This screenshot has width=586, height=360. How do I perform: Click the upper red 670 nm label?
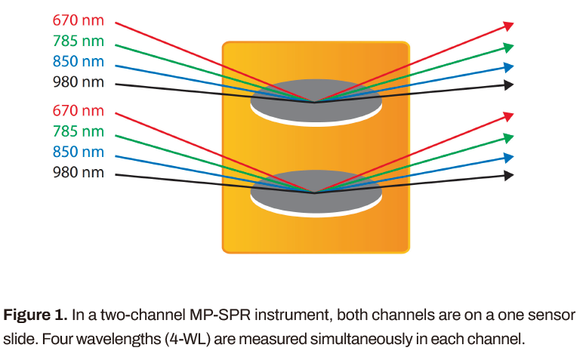[x=78, y=20]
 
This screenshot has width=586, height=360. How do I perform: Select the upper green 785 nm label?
[x=78, y=41]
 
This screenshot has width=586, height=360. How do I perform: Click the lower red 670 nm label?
[x=78, y=110]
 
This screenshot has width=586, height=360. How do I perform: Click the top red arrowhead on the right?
[x=509, y=26]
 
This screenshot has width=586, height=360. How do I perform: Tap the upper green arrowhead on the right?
[x=509, y=47]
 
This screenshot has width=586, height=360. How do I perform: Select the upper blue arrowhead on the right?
[x=509, y=66]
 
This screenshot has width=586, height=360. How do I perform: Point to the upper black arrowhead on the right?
[x=509, y=85]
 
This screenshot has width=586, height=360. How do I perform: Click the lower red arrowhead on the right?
[x=509, y=116]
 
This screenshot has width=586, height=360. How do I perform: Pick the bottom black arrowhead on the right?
[x=509, y=175]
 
